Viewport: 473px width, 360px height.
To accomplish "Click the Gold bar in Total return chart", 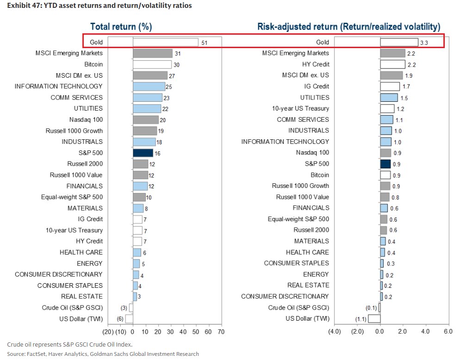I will click(x=166, y=43).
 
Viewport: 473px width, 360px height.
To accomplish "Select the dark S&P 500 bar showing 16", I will click(x=143, y=153).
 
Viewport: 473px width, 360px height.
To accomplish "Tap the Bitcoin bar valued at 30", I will click(x=152, y=65).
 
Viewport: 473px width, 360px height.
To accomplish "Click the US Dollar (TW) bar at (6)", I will click(x=129, y=318).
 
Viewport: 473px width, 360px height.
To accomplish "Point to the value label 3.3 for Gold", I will click(x=425, y=43).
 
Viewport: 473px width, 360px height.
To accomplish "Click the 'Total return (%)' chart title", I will click(x=121, y=27).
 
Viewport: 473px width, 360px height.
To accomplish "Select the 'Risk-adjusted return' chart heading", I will click(x=349, y=27).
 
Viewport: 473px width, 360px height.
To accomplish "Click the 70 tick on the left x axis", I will click(x=221, y=331).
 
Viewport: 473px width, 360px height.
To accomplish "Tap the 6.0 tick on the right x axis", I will click(x=448, y=331).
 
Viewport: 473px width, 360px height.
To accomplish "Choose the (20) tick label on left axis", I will click(x=108, y=331).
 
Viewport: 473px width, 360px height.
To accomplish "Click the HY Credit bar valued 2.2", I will click(x=392, y=64).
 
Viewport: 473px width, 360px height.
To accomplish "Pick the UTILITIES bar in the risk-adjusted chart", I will click(x=389, y=98).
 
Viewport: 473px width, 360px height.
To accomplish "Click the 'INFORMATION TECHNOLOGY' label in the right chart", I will click(x=285, y=142).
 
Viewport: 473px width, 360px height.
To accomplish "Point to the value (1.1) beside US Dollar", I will click(x=361, y=319).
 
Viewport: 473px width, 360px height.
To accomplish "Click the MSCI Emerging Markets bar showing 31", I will click(x=153, y=54).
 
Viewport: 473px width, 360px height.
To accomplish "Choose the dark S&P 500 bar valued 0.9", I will click(x=385, y=164).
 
